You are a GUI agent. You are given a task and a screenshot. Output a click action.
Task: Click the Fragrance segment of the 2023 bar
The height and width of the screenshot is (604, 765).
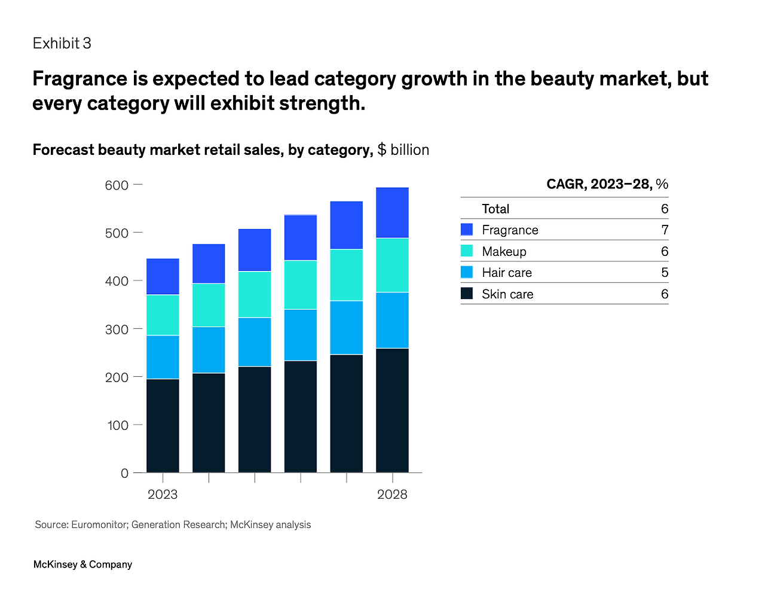coord(163,276)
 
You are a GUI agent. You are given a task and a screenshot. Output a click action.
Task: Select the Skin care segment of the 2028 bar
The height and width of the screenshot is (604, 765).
coord(392,410)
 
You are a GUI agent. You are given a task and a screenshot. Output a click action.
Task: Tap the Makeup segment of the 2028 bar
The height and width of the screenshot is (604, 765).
coord(392,265)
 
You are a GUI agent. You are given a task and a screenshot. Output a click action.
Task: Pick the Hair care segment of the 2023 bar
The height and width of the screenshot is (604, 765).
coord(163,357)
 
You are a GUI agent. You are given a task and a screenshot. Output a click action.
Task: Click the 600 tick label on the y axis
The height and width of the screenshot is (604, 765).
coord(117,185)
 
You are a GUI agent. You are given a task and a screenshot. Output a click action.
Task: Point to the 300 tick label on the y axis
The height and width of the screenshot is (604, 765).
coord(117,330)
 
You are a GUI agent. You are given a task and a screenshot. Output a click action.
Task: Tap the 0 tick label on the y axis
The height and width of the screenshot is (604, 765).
coord(124,473)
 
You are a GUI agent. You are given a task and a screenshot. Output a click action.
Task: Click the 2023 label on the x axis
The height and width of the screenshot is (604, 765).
coord(163,495)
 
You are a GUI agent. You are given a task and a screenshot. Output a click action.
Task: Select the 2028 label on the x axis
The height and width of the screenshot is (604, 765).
coord(392,495)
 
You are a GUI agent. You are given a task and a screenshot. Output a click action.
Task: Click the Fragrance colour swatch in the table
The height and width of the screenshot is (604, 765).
coord(467,230)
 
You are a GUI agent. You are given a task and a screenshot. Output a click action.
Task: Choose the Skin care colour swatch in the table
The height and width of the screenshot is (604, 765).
coord(467,294)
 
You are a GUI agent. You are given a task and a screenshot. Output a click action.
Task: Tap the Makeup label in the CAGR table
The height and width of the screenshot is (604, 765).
coord(504,252)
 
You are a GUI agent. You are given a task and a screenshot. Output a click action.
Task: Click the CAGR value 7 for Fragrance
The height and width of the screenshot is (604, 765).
coord(665,230)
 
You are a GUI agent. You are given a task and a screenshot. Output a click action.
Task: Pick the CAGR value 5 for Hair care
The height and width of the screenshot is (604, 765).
coord(665,273)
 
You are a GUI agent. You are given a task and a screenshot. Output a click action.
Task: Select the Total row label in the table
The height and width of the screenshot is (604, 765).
coord(495,209)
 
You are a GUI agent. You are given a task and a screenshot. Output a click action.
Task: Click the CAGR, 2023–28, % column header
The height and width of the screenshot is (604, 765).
coord(607,184)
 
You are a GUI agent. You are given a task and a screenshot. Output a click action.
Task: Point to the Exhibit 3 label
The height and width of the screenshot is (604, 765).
coord(62,44)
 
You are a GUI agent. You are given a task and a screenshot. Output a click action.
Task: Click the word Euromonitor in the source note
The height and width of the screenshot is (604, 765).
coord(99,525)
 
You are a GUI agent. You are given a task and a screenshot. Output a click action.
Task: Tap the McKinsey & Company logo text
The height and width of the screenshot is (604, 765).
coord(82,565)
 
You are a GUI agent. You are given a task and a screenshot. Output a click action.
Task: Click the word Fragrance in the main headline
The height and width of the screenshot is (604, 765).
coord(79,79)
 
